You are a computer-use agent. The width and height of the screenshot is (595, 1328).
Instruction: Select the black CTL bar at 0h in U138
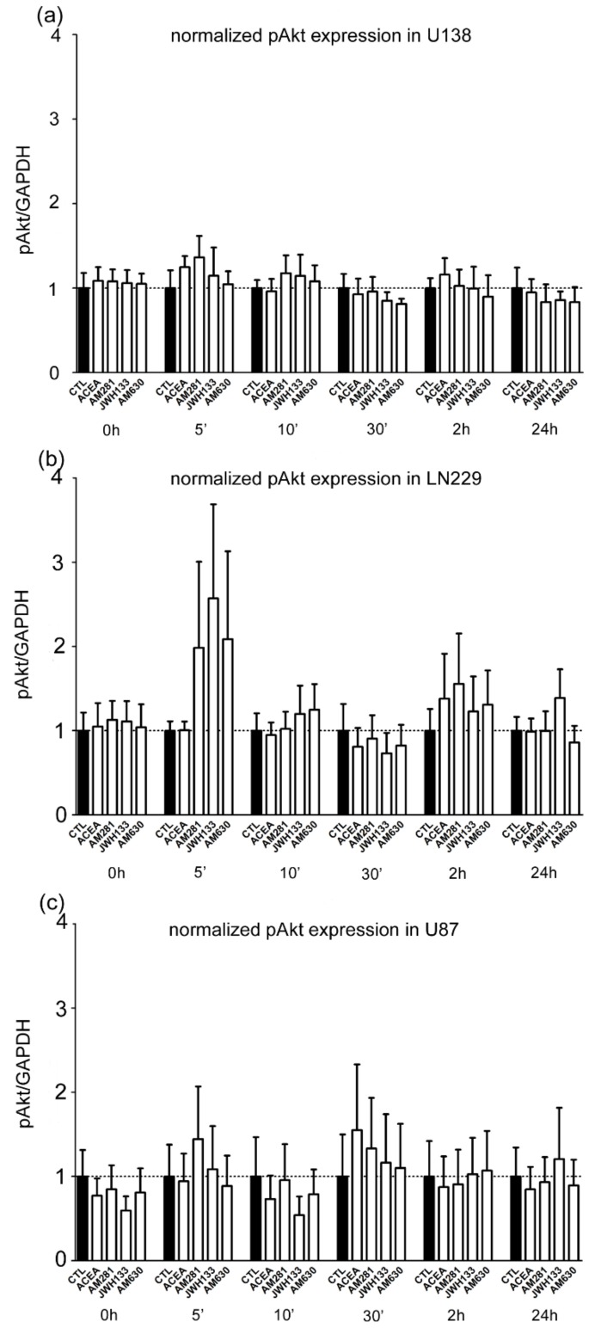[x=83, y=330]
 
